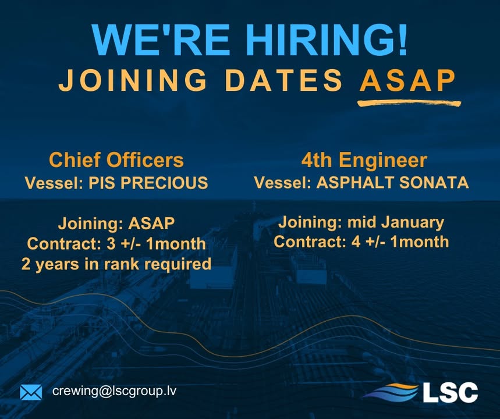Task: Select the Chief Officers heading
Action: click(x=116, y=159)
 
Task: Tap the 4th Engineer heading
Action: click(x=364, y=159)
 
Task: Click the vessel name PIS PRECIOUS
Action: click(x=148, y=183)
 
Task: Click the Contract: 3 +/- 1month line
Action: click(x=116, y=243)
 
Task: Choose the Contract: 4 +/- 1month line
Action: click(x=361, y=242)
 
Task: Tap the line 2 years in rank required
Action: click(x=116, y=264)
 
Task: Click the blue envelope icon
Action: click(x=31, y=392)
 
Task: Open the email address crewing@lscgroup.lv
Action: click(x=114, y=391)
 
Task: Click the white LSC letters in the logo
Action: click(x=450, y=392)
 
